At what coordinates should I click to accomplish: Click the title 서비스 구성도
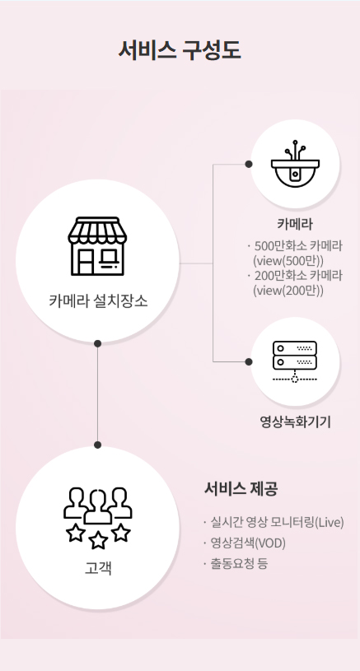(180, 50)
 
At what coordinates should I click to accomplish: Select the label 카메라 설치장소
(98, 301)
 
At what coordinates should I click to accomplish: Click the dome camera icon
(294, 164)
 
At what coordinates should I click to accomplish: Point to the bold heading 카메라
(294, 223)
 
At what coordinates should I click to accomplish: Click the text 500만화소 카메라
(298, 245)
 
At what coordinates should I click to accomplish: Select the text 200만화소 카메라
(298, 275)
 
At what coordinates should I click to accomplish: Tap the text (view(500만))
(288, 260)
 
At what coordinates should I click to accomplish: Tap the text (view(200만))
(288, 290)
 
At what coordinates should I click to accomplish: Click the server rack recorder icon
(294, 361)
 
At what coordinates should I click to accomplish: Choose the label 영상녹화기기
(294, 422)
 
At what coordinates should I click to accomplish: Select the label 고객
(98, 567)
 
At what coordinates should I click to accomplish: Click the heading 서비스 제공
(241, 488)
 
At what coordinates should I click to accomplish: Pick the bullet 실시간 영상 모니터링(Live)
(276, 522)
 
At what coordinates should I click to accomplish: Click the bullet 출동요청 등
(239, 563)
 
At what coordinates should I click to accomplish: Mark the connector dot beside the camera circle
(248, 164)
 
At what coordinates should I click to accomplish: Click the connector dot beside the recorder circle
(248, 361)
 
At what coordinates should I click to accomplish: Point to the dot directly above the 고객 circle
(98, 445)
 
